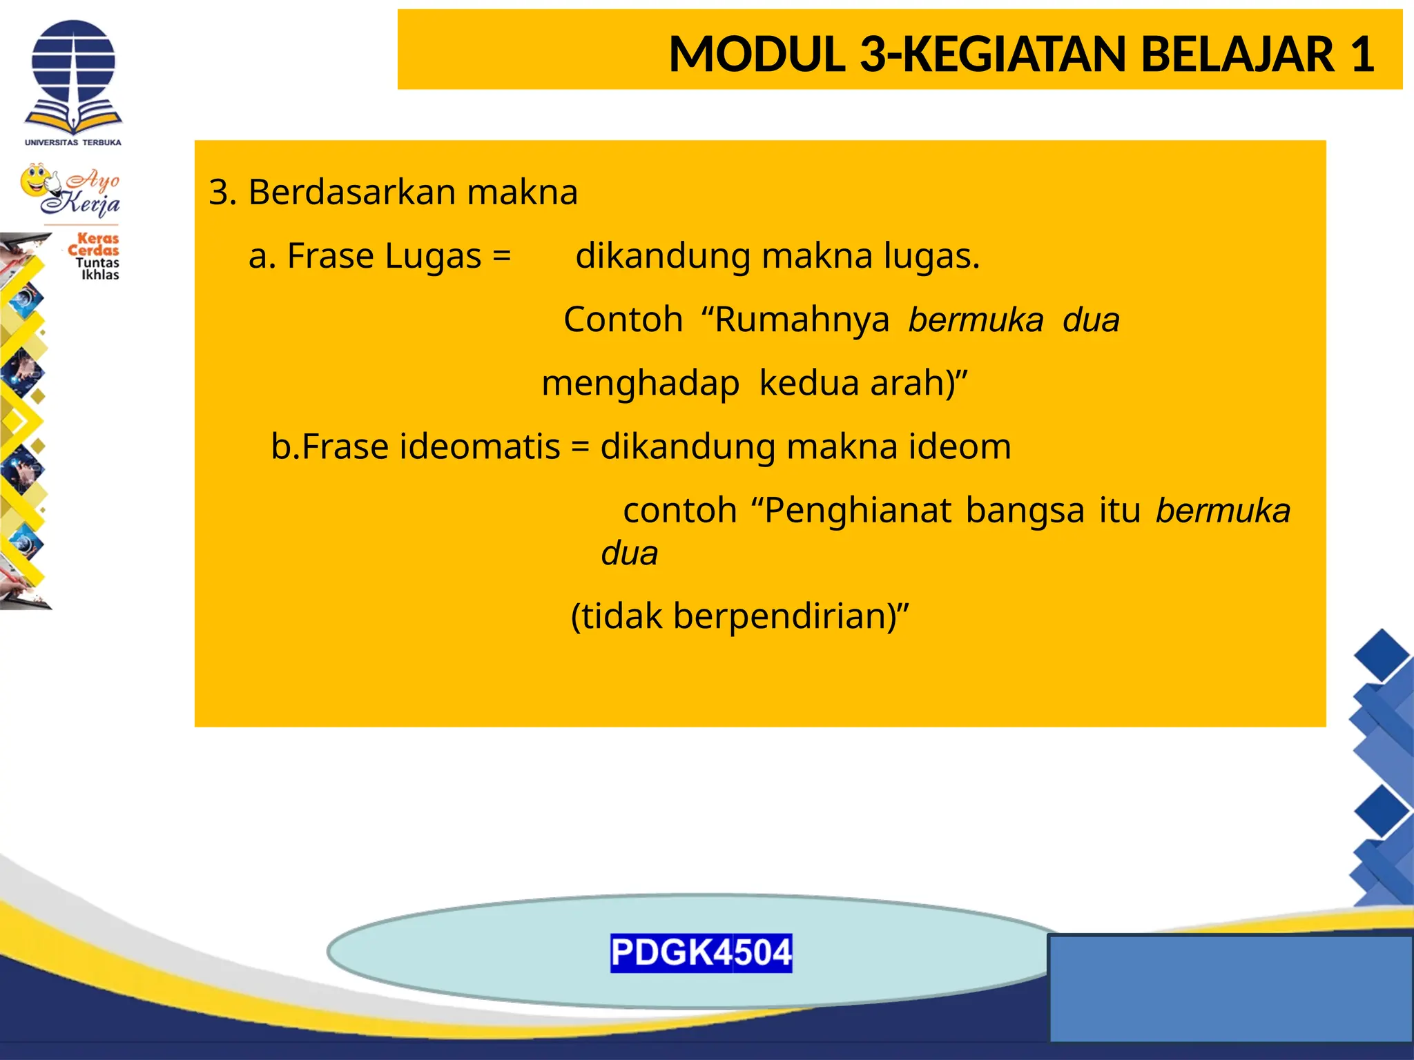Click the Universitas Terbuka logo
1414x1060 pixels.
tap(73, 81)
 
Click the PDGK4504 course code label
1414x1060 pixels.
tap(701, 953)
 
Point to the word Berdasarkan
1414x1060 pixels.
tap(351, 192)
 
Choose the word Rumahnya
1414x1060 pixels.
tap(802, 320)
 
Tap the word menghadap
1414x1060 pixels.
tap(640, 383)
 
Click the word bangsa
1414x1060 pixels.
tap(1025, 511)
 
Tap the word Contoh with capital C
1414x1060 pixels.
tap(623, 320)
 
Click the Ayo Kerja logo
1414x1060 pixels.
tap(71, 190)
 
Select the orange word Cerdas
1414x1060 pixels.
tap(93, 250)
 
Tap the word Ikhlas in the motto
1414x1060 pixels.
tap(100, 275)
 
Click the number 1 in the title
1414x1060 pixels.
tap(1362, 54)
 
